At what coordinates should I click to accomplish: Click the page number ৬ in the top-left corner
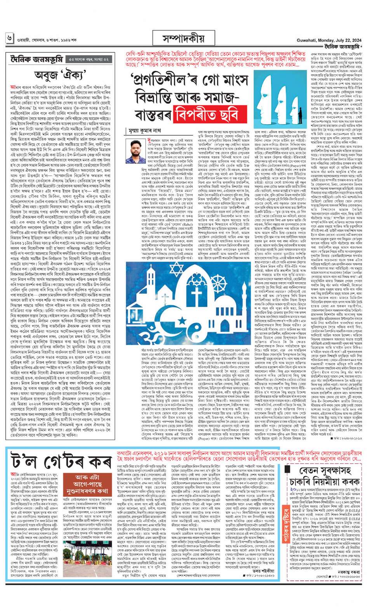(x=9, y=38)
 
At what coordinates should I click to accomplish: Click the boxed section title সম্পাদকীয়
(x=184, y=39)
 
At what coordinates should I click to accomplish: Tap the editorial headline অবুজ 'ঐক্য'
(x=62, y=75)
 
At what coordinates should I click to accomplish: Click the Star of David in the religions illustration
(x=176, y=269)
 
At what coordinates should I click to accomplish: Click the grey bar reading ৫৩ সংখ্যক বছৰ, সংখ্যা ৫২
(x=89, y=59)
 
